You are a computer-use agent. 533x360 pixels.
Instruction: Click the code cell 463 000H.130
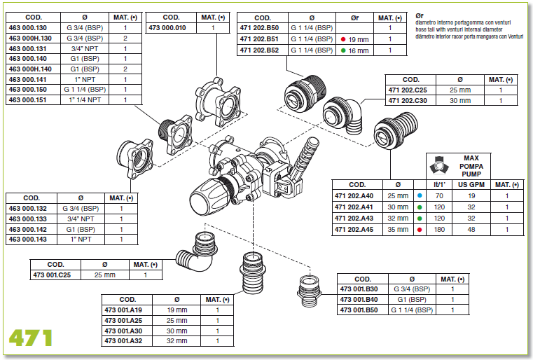(x=30, y=38)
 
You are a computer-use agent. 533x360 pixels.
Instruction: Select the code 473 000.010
(x=167, y=28)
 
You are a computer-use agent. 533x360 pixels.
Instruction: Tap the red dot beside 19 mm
(x=343, y=39)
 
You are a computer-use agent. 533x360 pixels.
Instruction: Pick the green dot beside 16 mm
(x=343, y=50)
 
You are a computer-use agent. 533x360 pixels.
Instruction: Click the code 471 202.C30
(x=408, y=101)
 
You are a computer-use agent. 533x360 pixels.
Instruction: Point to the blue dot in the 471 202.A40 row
(x=420, y=196)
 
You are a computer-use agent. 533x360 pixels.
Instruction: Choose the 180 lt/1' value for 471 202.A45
(x=439, y=230)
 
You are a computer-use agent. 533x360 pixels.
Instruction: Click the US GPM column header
(x=471, y=185)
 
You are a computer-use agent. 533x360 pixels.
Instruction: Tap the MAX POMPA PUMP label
(x=471, y=166)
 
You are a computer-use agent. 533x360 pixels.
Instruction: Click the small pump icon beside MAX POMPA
(x=439, y=165)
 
